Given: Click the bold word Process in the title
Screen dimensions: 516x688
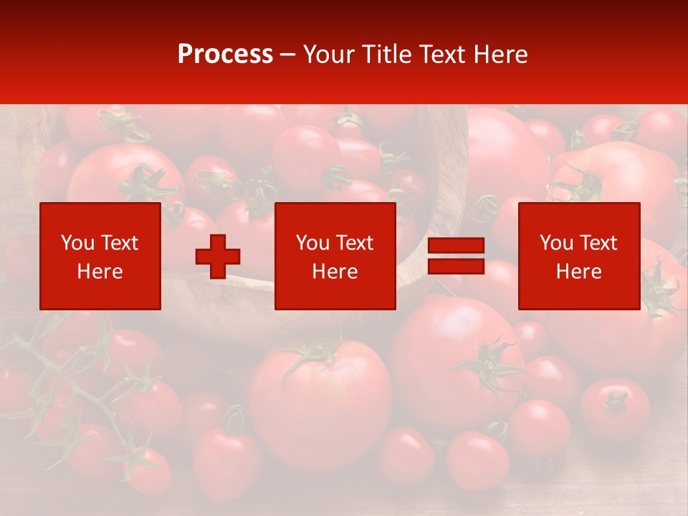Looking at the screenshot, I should [x=225, y=54].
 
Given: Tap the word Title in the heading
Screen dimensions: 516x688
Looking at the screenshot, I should [x=386, y=54].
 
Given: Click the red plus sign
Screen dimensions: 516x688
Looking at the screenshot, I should [x=218, y=257].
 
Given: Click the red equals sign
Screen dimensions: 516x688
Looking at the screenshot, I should [x=456, y=257].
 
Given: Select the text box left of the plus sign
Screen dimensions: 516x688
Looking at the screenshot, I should [x=100, y=256].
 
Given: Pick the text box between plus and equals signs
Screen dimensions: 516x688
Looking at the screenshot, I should [x=335, y=256].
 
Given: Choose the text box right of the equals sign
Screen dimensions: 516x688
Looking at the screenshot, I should [x=579, y=256].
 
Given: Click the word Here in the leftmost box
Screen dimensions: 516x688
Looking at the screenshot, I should [x=100, y=272].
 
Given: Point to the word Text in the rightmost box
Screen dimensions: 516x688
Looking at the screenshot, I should [x=598, y=243].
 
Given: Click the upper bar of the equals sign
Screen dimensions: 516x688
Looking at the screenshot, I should [x=456, y=247].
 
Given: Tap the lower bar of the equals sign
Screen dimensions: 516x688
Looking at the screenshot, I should [x=456, y=266].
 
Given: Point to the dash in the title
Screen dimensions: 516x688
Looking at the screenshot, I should [x=287, y=54].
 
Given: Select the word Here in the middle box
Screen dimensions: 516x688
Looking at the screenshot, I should [x=335, y=272].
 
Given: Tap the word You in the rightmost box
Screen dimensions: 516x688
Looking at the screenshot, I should [x=556, y=243].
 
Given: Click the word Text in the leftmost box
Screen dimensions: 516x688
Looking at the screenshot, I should [x=120, y=243].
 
